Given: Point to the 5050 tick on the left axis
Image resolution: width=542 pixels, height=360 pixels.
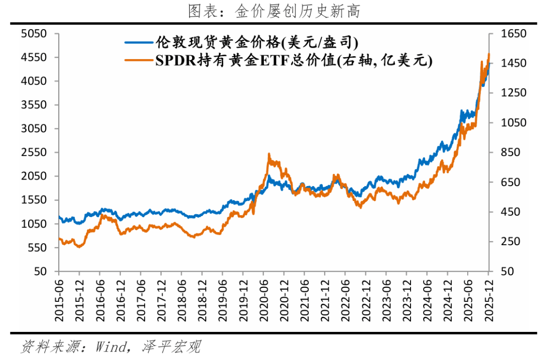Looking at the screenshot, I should [x=34, y=34].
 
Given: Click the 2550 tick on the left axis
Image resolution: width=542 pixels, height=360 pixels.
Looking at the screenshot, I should [x=34, y=152].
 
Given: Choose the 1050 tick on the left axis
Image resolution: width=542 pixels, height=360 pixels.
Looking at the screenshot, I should [x=34, y=224].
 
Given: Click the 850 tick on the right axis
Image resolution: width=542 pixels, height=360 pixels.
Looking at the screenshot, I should [x=508, y=152].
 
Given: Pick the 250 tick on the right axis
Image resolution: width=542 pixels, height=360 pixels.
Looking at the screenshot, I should [x=508, y=242].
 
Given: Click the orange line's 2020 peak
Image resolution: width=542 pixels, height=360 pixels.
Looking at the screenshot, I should [x=269, y=154].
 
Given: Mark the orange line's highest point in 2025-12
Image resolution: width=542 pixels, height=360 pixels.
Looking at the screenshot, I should [x=489, y=54].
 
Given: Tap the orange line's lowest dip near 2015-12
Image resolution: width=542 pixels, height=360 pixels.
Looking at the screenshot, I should [x=79, y=247].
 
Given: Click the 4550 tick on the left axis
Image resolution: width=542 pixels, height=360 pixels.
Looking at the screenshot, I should [x=34, y=57].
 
